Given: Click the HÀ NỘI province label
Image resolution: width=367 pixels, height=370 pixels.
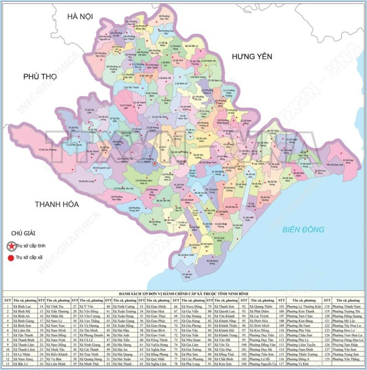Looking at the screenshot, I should pos(79,16).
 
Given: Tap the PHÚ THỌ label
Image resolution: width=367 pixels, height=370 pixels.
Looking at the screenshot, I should pos(40,76).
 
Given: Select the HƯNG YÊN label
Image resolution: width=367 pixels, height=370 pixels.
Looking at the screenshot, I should pos(252,56).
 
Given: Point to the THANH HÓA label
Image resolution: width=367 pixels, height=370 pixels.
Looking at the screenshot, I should pos(56,204).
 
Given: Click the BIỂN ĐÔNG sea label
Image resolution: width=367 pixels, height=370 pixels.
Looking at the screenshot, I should pos(303,229).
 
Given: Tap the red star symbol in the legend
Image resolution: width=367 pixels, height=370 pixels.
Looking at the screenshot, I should pos(10,246).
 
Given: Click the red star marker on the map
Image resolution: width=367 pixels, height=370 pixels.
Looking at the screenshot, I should pos(154,163).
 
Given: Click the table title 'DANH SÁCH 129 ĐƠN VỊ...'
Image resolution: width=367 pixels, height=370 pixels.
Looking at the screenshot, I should pos(183,293).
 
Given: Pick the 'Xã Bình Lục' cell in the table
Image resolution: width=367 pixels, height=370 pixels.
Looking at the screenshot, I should pos(22,306).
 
